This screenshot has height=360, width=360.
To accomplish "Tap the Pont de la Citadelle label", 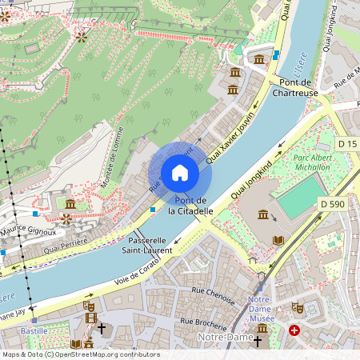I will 191,206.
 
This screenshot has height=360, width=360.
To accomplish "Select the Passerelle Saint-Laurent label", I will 146,245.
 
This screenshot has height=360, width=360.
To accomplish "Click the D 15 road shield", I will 346,143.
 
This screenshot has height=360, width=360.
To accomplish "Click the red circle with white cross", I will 294,330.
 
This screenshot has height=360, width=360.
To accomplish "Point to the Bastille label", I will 34,330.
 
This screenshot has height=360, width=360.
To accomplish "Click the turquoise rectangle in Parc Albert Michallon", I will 298,198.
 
